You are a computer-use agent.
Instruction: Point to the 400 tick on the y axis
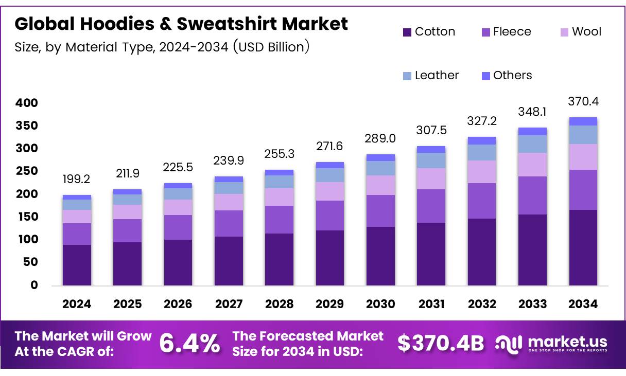pyautogui.click(x=26, y=103)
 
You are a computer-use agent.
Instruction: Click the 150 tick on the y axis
pyautogui.click(x=26, y=217)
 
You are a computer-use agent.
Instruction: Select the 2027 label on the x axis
pyautogui.click(x=229, y=304)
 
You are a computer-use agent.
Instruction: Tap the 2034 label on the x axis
pyautogui.click(x=583, y=304)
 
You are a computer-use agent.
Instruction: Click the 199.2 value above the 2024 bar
pyautogui.click(x=77, y=180)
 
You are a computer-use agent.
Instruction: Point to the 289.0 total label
pyautogui.click(x=380, y=139)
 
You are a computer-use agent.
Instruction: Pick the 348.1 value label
pyautogui.click(x=532, y=112)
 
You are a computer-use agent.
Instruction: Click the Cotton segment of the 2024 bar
pyautogui.click(x=77, y=265)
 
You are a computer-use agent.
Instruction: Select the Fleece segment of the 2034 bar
pyautogui.click(x=583, y=189)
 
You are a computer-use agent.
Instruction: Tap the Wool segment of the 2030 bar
pyautogui.click(x=380, y=185)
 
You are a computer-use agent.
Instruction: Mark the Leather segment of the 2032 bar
pyautogui.click(x=481, y=152)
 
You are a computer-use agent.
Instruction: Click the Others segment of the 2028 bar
pyautogui.click(x=279, y=173)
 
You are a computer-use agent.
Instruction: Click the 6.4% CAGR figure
pyautogui.click(x=189, y=344)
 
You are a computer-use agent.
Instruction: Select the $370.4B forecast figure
pyautogui.click(x=441, y=344)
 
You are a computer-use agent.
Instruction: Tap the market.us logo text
pyautogui.click(x=567, y=342)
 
